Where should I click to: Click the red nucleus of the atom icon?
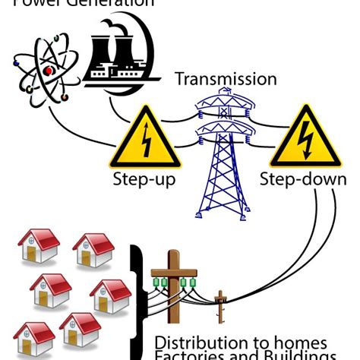pyautogui.click(x=49, y=71)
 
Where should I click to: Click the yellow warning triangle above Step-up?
pyautogui.click(x=145, y=138)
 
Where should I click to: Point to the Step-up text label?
pyautogui.click(x=144, y=180)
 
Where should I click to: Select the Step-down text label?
pyautogui.click(x=303, y=180)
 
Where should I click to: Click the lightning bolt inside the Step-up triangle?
pyautogui.click(x=145, y=143)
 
